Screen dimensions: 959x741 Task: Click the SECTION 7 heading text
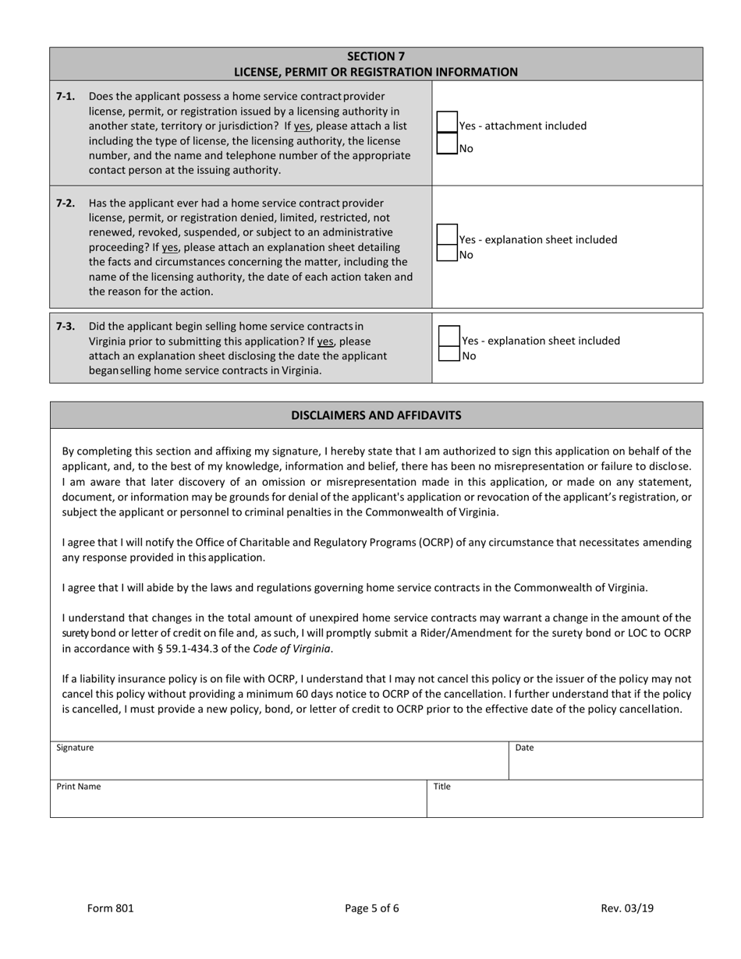tap(375, 56)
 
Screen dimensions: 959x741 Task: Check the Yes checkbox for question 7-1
tap(447, 122)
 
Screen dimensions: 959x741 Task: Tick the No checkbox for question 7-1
tap(447, 144)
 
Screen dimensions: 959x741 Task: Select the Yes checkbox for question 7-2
tap(447, 235)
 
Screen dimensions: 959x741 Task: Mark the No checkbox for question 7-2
tap(447, 253)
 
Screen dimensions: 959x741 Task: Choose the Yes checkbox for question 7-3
tap(449, 336)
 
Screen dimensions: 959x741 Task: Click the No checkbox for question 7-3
tap(449, 354)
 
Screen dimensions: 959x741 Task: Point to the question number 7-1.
tap(66, 97)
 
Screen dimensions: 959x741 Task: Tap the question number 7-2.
tap(66, 203)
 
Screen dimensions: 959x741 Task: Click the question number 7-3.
tap(66, 326)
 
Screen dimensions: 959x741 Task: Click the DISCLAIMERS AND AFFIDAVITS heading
tap(376, 415)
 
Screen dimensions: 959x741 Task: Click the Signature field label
tap(75, 748)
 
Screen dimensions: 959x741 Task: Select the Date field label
tap(524, 748)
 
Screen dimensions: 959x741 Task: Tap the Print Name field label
tap(78, 787)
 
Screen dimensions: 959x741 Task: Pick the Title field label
tap(441, 787)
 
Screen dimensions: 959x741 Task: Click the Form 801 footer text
tap(110, 908)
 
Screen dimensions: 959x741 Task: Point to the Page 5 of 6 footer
tap(372, 908)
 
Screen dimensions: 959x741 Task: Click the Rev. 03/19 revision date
tap(627, 908)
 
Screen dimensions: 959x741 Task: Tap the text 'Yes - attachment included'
tap(523, 126)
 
